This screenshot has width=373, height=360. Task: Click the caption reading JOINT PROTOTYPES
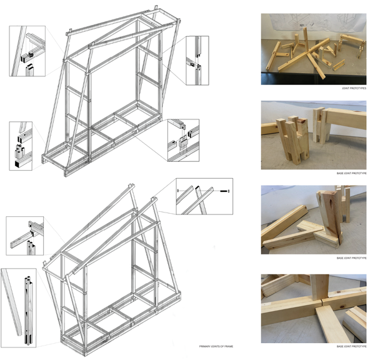pyautogui.click(x=355, y=89)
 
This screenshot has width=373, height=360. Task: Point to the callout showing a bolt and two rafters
pyautogui.click(x=204, y=195)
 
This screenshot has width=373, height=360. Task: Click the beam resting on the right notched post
pyautogui.click(x=344, y=118)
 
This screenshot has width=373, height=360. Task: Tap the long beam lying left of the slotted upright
pyautogui.click(x=285, y=222)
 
